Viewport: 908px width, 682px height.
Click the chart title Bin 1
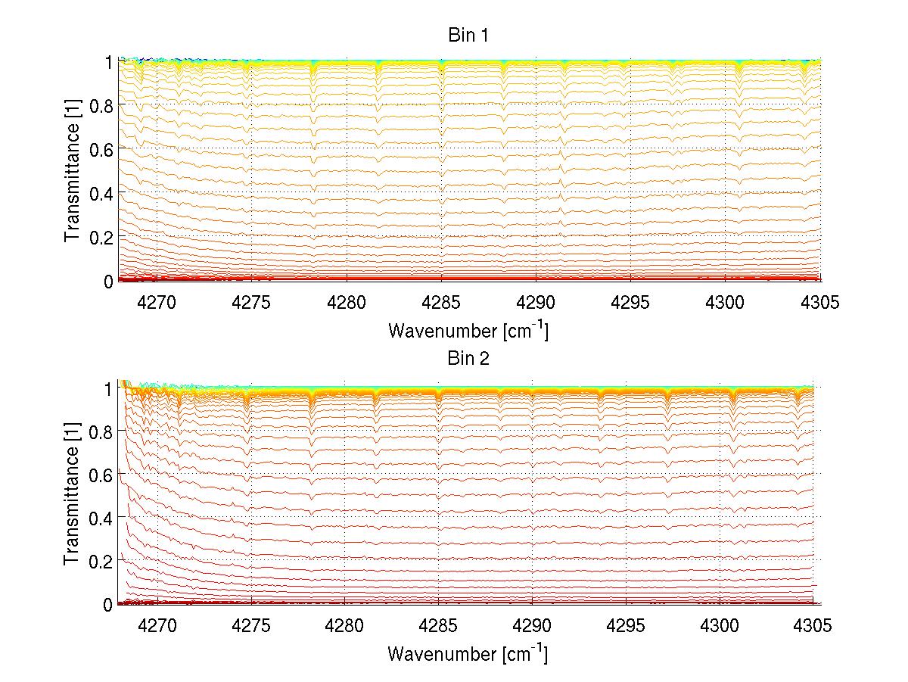[468, 36]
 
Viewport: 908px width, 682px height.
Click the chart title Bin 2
[468, 359]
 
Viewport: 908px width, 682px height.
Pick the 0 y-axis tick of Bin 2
[108, 604]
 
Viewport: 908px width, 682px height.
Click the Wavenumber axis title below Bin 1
[468, 330]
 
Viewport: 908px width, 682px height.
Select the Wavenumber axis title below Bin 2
[468, 653]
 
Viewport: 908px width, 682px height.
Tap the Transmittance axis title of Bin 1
[72, 170]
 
